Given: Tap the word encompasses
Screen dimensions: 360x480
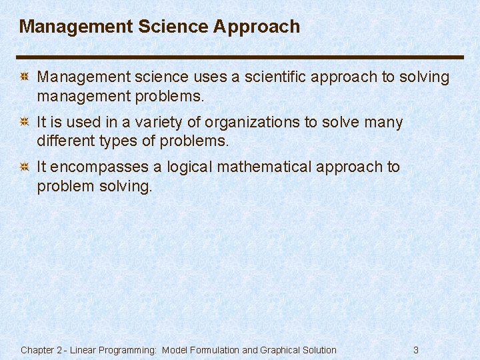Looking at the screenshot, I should click(x=101, y=167).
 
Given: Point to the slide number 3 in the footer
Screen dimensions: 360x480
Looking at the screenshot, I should click(x=416, y=350).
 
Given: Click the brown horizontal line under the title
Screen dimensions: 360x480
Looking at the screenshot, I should click(x=240, y=57).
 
